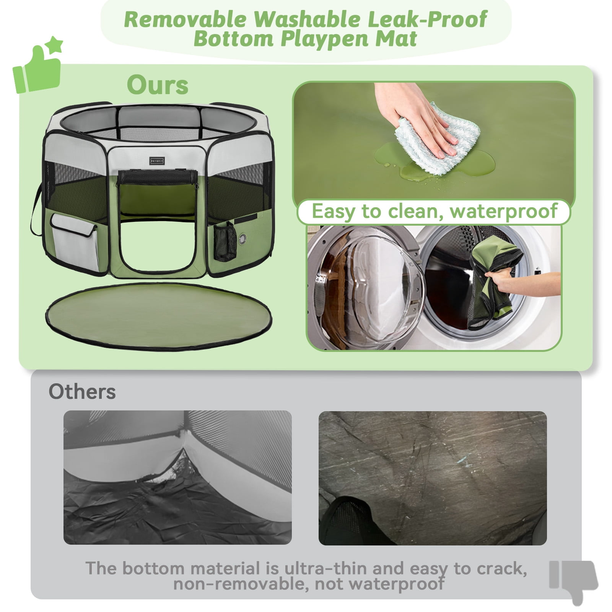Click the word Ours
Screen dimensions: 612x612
pyautogui.click(x=158, y=85)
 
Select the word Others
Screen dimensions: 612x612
pyautogui.click(x=82, y=391)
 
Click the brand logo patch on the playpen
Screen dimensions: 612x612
pyautogui.click(x=157, y=161)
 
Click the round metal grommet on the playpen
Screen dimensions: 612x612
pyautogui.click(x=243, y=239)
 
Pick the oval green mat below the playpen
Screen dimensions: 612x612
pyautogui.click(x=158, y=316)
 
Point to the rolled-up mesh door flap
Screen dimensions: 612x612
pyautogui.click(x=157, y=177)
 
